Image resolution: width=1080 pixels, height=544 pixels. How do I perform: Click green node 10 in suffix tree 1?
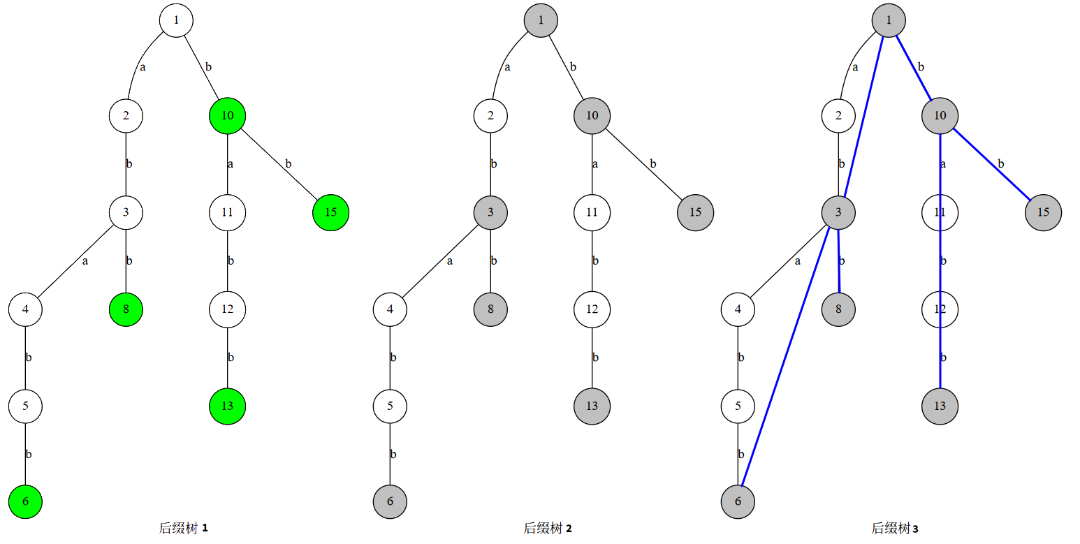point(227,115)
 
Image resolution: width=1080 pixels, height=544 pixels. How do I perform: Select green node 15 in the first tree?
point(330,212)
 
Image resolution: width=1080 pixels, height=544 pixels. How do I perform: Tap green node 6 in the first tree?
point(26,501)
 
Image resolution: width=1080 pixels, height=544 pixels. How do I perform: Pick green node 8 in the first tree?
point(126,309)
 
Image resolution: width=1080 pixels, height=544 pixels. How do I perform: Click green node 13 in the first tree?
point(227,406)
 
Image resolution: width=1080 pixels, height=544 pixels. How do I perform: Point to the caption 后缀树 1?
point(184,529)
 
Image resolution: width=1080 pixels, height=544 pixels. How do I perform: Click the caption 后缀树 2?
point(548,529)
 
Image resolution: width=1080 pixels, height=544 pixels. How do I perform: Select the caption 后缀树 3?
point(895,529)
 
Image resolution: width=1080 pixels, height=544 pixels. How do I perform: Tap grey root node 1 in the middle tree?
point(541,20)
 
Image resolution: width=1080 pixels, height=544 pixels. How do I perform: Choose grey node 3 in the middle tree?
point(490,212)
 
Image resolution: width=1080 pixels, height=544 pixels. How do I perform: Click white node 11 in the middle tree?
point(592,212)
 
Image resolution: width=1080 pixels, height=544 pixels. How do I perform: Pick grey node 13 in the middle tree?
point(592,406)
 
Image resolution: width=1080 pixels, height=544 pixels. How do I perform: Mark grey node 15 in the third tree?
point(1043,212)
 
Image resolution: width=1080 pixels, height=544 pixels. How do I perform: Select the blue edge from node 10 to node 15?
point(992,164)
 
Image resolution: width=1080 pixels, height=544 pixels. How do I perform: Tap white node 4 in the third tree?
point(738,309)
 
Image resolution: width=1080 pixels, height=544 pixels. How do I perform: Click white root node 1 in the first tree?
point(176,20)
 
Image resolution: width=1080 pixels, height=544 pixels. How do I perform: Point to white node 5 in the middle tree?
point(390,406)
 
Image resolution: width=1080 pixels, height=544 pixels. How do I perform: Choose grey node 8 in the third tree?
point(839,309)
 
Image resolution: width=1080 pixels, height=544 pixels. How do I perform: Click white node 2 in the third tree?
point(838,115)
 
